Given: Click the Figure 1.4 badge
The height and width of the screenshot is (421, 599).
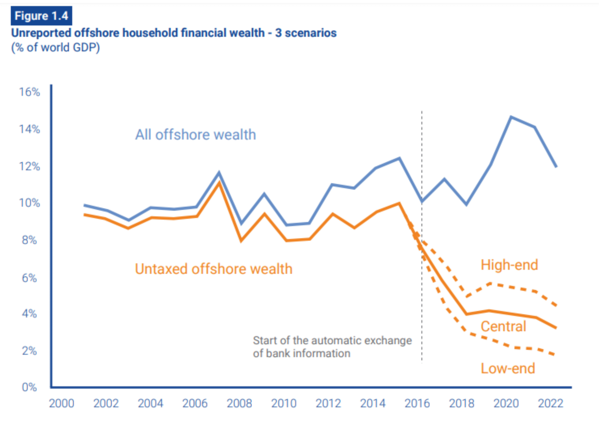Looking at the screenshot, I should coord(41,16).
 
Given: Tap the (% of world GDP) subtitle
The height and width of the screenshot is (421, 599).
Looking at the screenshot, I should coord(55,48).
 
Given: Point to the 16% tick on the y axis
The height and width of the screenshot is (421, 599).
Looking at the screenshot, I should coord(29,92).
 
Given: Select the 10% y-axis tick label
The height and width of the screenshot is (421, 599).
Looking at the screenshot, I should coord(29,203).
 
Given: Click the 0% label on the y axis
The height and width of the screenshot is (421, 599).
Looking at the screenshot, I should coord(29,387).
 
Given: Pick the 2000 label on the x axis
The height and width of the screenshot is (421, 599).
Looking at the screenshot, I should coord(62,403).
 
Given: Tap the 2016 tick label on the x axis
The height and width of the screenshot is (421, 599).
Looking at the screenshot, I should coord(417,403).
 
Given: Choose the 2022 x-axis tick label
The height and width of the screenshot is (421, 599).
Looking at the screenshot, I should coord(551,403).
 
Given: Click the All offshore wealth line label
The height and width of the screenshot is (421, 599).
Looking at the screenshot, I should coord(195,135).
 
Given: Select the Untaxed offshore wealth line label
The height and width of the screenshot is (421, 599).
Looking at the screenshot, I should coord(213,269).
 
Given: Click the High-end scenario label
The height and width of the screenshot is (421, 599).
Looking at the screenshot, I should coord(509,265).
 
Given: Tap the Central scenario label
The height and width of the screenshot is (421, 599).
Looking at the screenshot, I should coord(503,326).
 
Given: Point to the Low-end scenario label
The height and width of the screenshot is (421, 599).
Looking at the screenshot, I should coord(508,369).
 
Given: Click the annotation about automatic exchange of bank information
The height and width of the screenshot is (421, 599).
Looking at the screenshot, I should coord(332,347).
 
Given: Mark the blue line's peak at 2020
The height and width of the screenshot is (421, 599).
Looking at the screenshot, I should coord(511,117).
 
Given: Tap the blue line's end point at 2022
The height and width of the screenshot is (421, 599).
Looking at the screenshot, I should coord(556,166).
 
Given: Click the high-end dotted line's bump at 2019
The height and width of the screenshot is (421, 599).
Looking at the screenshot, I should coord(491,284).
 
